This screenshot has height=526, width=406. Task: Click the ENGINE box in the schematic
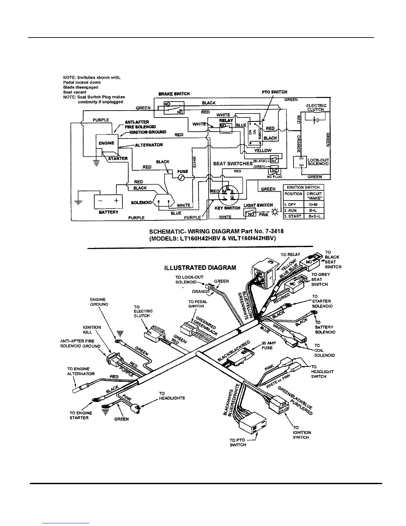click(x=106, y=143)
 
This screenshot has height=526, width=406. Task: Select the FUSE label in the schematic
click(x=182, y=172)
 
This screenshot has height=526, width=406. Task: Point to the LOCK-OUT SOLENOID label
click(x=318, y=162)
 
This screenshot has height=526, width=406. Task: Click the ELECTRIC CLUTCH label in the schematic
click(x=316, y=108)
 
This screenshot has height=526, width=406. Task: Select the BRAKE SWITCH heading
click(x=174, y=94)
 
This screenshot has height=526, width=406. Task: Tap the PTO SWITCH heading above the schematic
click(x=274, y=92)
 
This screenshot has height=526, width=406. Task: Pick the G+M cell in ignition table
click(x=314, y=205)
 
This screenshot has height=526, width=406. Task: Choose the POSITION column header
click(x=294, y=194)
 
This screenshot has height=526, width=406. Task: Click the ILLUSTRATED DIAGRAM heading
click(x=200, y=268)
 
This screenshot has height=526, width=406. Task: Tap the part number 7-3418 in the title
click(x=271, y=231)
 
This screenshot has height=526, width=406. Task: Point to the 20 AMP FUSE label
click(x=267, y=346)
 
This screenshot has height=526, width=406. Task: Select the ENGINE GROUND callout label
click(x=99, y=302)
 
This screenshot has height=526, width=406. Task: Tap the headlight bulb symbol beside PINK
click(x=275, y=213)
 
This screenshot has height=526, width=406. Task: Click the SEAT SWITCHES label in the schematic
click(x=233, y=163)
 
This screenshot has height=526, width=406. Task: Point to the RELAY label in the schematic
click(x=226, y=121)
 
